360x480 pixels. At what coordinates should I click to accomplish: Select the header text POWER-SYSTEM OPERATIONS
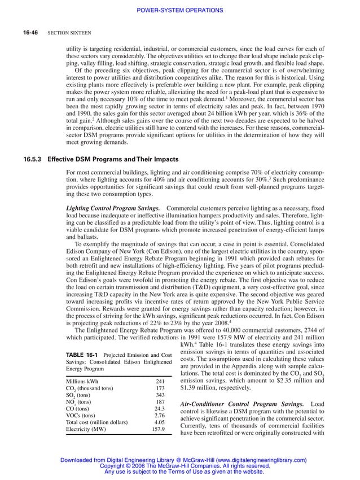pyautogui.click(x=180, y=11)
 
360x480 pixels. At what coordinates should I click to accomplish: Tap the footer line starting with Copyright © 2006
pyautogui.click(x=180, y=466)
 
